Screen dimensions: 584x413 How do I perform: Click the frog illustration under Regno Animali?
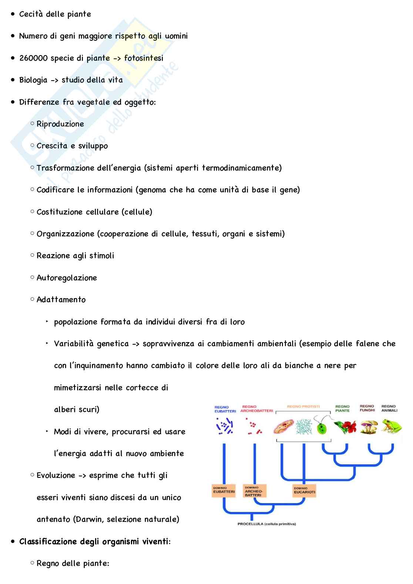click(x=391, y=426)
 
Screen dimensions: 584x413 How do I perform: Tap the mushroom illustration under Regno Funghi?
click(x=369, y=427)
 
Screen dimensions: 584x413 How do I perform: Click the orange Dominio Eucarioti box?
click(x=304, y=490)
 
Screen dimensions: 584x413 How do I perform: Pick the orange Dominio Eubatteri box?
click(x=224, y=490)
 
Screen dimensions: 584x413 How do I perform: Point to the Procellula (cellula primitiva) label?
click(x=266, y=524)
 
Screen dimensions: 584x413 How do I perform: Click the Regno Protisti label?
click(x=303, y=406)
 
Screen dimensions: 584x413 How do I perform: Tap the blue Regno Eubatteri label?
click(x=225, y=409)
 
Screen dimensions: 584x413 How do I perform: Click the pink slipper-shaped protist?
click(x=283, y=427)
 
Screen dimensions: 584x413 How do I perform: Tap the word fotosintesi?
click(x=144, y=58)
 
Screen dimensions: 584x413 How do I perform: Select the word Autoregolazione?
click(x=67, y=278)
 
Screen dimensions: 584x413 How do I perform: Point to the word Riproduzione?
click(x=60, y=124)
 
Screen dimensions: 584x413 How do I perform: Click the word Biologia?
click(x=33, y=80)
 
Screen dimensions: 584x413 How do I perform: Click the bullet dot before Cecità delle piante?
click(x=13, y=14)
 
